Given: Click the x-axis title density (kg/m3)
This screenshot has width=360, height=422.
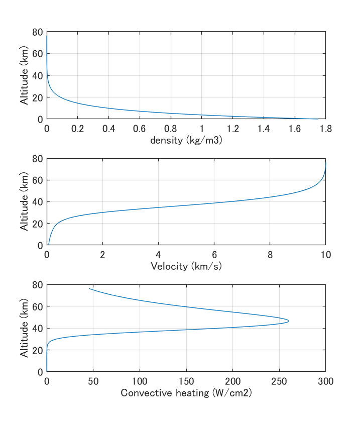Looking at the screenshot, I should pos(186,141).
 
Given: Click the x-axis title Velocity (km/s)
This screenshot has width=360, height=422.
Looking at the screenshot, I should pos(186,266).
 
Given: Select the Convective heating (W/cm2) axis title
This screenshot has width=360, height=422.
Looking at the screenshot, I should pos(186,393).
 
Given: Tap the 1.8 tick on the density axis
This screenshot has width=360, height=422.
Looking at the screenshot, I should pos(325,129).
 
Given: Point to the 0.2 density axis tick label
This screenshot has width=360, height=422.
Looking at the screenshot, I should pos(77,129).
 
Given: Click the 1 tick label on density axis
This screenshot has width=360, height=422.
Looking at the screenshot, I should pos(201,129).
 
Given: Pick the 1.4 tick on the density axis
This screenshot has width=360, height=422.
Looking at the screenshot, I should pos(264,129).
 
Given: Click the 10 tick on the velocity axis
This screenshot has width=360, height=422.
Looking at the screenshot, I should pos(325,255).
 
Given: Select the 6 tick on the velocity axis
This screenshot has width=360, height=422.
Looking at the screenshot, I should pos(214,255).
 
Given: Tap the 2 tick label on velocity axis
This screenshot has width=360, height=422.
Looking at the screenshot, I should pos(102,255).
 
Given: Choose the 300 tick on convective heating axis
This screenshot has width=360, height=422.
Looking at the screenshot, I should pos(325,381).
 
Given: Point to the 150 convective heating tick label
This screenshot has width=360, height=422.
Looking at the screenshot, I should pos(186,381).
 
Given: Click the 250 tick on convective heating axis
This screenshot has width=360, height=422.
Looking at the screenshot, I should pos(279,381).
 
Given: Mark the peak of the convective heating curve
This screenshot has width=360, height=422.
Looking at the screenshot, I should pos(289,321).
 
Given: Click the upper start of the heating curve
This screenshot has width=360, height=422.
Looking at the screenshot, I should pos(89,288).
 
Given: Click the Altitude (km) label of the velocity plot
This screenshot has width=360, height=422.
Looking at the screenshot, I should pos(24,202).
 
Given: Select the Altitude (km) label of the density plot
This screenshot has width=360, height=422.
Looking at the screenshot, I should pos(24,75).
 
